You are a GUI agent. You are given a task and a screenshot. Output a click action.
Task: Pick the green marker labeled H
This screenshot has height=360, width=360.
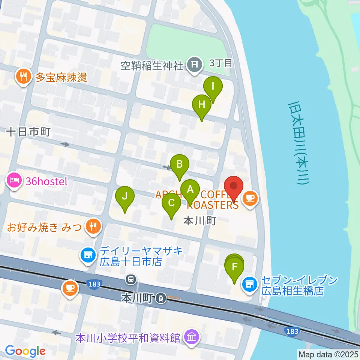point(202,105)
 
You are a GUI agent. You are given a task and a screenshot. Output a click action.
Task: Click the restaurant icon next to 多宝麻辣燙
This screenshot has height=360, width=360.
point(24,77)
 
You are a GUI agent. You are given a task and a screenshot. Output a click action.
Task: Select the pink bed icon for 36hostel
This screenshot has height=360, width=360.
point(13,181)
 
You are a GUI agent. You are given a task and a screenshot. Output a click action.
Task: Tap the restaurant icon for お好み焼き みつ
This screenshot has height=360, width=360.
point(92,226)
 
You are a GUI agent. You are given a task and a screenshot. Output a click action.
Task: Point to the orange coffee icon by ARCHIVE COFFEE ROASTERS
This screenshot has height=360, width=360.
point(250,198)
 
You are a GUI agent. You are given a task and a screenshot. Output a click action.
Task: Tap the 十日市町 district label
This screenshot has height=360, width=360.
point(28,132)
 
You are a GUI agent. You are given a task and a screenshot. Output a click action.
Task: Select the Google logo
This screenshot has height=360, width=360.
point(25,351)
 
